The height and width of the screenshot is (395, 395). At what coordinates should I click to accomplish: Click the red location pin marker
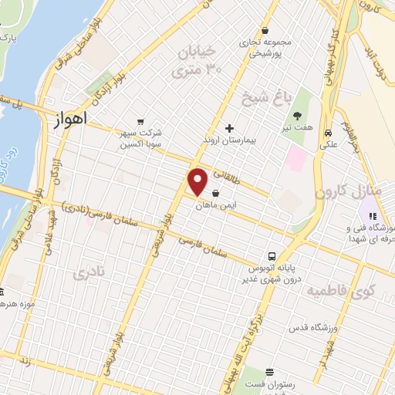click(198, 182)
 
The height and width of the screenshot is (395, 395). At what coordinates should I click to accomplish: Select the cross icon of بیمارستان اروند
click(228, 127)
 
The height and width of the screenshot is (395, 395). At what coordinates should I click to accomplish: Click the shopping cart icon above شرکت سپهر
click(140, 121)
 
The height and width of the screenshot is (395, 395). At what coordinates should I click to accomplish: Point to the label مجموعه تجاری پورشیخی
click(265, 48)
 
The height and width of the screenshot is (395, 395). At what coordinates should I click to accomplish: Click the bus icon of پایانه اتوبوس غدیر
click(272, 256)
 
